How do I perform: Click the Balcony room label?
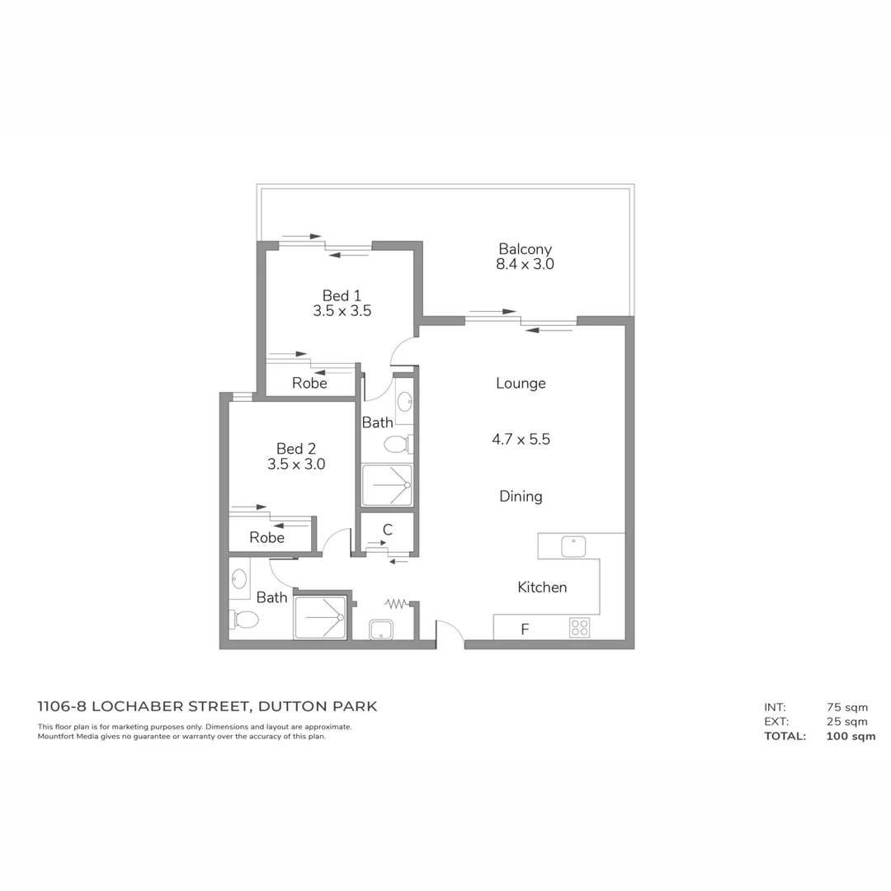coord(525,249)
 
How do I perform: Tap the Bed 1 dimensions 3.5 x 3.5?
coord(342,311)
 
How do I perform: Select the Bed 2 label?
coord(296,449)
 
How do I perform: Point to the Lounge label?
coord(521,383)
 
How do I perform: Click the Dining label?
coord(521,497)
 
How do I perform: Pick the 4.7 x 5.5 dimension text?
coord(521,440)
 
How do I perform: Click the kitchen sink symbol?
coord(573,546)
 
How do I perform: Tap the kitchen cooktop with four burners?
coord(579,628)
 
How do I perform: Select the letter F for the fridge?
coord(525,629)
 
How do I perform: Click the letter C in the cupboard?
coord(387,530)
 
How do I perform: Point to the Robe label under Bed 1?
coord(309,384)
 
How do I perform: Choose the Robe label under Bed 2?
coord(266,538)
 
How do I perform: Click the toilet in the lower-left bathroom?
coord(245,620)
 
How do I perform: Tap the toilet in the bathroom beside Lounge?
coord(397,445)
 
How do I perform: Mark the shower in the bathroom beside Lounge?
coord(387,485)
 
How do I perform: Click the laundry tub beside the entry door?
coord(381,629)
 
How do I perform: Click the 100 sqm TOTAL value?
coord(851,736)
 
